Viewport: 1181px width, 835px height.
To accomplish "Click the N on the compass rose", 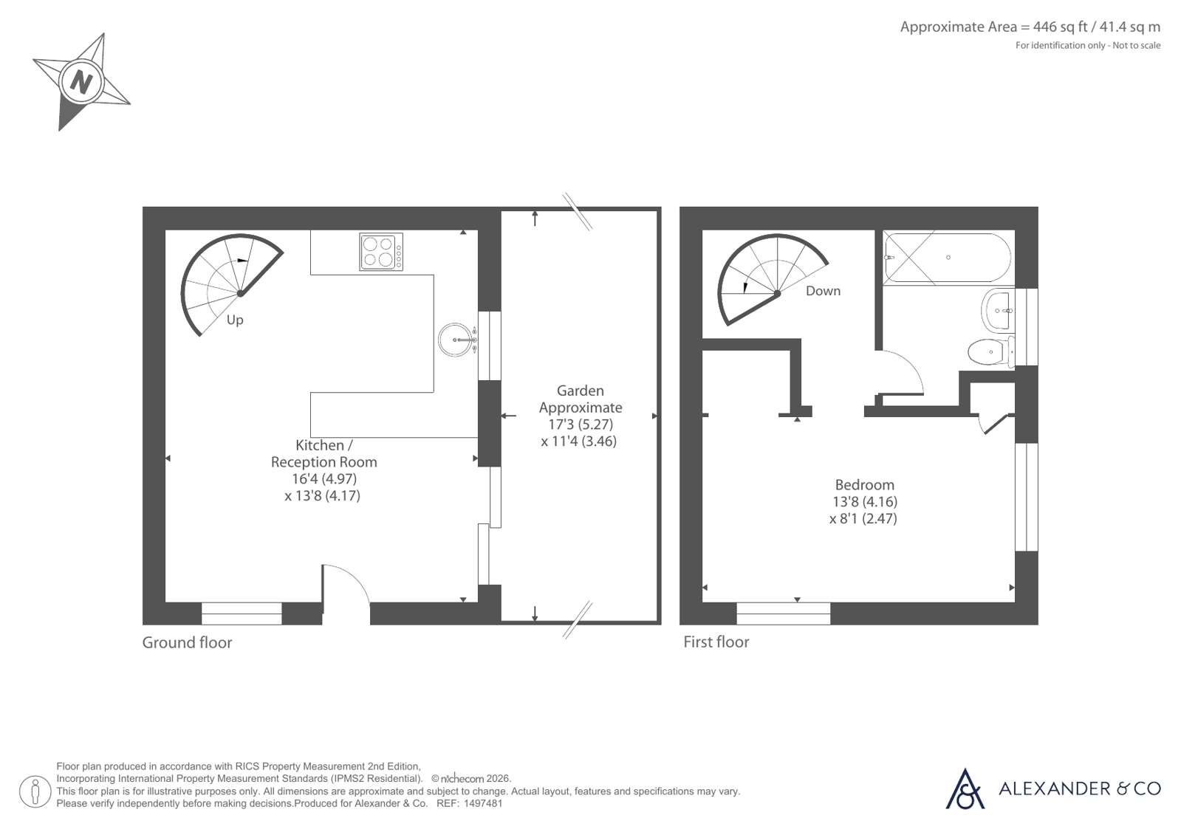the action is click(x=81, y=82).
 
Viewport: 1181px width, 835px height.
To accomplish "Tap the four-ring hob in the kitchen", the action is click(x=381, y=252).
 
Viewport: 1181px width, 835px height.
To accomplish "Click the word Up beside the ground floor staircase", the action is click(x=235, y=320).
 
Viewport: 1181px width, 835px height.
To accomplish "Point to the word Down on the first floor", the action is click(x=823, y=291).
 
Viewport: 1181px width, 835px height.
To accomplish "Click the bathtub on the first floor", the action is click(x=948, y=258).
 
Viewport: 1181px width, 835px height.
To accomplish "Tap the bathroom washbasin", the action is click(x=998, y=311).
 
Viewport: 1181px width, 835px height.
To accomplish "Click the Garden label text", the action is click(x=580, y=391).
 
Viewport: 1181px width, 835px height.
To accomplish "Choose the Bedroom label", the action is click(x=865, y=485).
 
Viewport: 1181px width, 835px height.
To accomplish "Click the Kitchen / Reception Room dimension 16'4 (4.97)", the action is click(x=324, y=478).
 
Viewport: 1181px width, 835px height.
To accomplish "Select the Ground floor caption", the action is click(x=187, y=642).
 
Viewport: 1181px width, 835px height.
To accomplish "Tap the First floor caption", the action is click(x=716, y=642).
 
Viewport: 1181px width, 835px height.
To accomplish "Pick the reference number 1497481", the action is click(x=483, y=804).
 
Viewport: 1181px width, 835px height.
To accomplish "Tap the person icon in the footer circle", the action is click(x=35, y=791).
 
